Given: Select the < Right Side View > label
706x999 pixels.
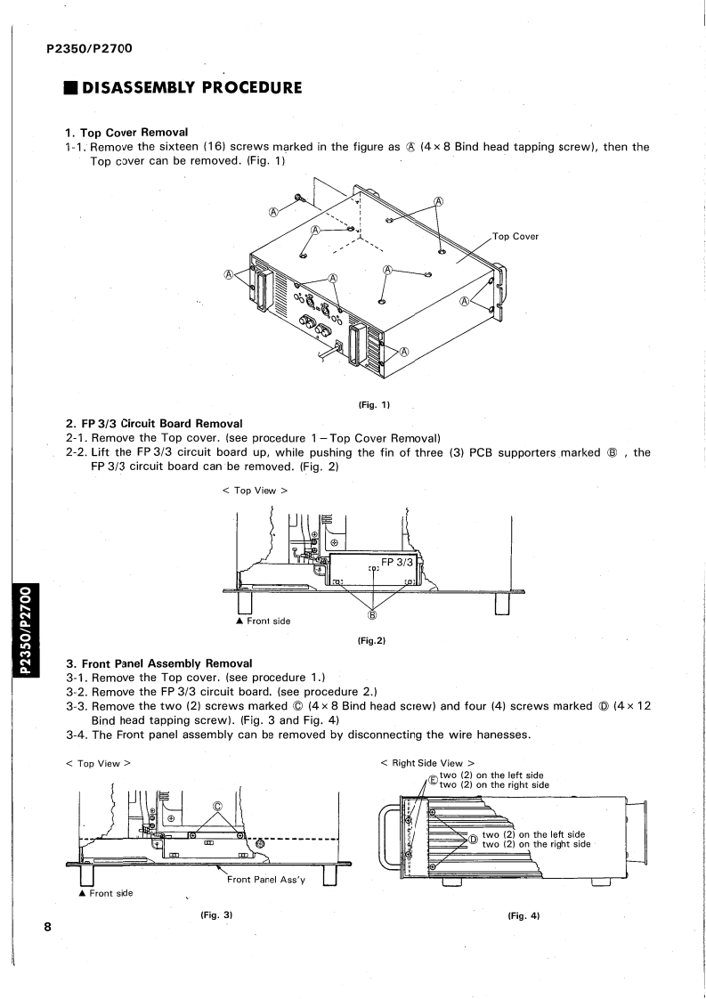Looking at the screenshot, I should tap(422, 763).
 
